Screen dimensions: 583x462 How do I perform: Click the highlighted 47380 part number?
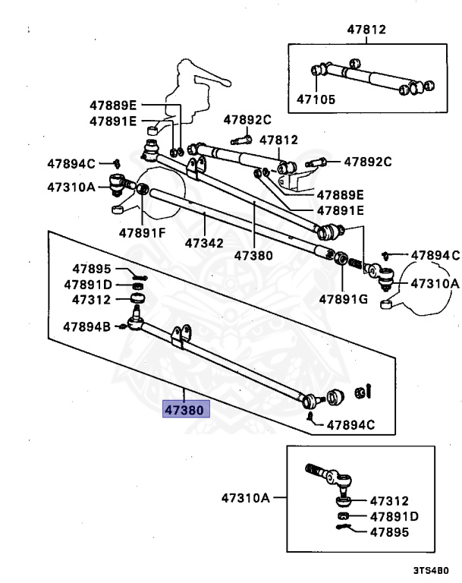[x=184, y=409]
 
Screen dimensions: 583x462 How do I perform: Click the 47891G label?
[x=344, y=298]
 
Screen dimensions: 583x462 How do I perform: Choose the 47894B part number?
[x=86, y=327]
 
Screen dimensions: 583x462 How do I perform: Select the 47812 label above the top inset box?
[x=367, y=30]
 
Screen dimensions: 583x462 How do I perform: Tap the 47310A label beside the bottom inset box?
[x=246, y=498]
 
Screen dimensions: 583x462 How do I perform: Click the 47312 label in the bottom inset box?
[x=389, y=501]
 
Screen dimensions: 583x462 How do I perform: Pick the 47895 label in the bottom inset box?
[x=389, y=531]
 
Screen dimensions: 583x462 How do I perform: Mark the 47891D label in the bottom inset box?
[x=394, y=516]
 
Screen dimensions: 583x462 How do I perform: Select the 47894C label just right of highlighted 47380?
[x=350, y=424]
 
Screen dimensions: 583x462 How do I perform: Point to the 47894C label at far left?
[x=71, y=163]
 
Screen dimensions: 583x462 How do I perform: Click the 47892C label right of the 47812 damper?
[x=368, y=161]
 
